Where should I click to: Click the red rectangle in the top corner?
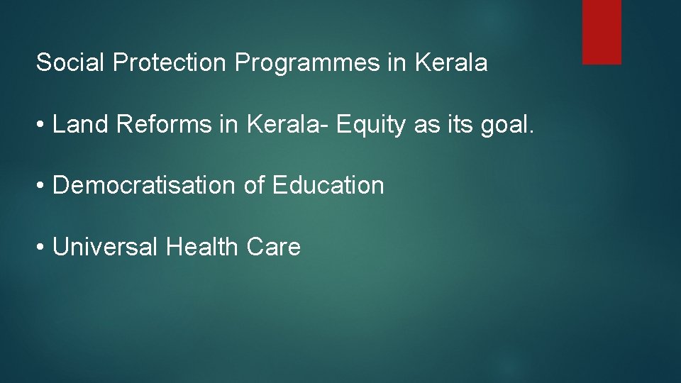[x=602, y=32]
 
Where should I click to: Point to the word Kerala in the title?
[x=451, y=63]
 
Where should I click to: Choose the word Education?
[x=328, y=186]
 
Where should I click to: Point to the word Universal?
[x=106, y=248]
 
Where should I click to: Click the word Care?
[x=274, y=248]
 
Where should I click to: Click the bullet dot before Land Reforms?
[x=42, y=126]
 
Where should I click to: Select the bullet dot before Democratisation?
[x=42, y=187]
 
